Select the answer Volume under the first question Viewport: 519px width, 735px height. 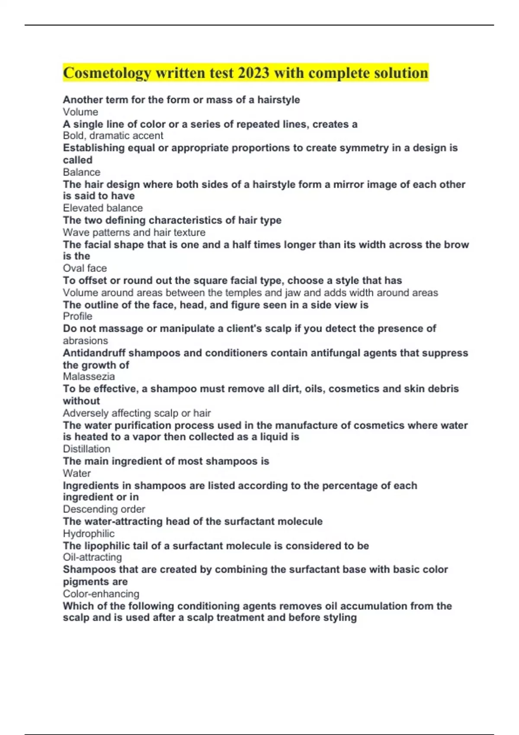(80, 112)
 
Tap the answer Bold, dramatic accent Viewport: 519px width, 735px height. (113, 136)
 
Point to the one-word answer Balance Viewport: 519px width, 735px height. (81, 172)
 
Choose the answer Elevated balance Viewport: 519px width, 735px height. (103, 208)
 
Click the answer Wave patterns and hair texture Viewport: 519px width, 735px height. (134, 232)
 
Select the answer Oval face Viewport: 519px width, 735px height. (85, 268)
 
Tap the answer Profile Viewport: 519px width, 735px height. (77, 316)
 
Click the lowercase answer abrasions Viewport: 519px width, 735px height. (85, 341)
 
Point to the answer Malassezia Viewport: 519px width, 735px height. (89, 377)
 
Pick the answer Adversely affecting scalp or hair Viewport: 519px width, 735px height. (137, 413)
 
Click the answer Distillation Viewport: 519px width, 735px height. (86, 449)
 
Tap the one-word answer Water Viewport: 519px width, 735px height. (77, 473)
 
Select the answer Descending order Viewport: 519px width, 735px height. (104, 509)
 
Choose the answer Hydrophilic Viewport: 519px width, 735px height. (89, 534)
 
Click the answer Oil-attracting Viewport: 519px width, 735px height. (92, 557)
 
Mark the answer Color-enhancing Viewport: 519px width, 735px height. (101, 594)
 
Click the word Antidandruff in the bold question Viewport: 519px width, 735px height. (94, 353)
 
